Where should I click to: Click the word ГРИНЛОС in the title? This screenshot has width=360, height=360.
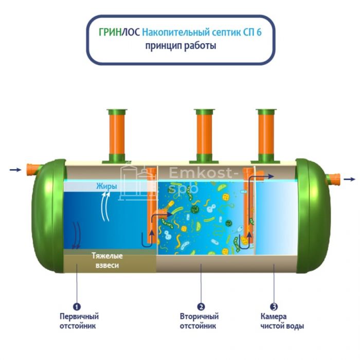(x=119, y=32)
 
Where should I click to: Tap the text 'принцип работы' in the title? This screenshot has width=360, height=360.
(x=180, y=46)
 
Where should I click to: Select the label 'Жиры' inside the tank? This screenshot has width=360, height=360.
(x=106, y=186)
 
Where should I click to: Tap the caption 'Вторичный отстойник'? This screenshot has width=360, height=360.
(x=199, y=321)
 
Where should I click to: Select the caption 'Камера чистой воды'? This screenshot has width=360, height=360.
(x=282, y=321)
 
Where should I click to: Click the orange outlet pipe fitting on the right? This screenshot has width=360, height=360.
(x=334, y=179)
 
